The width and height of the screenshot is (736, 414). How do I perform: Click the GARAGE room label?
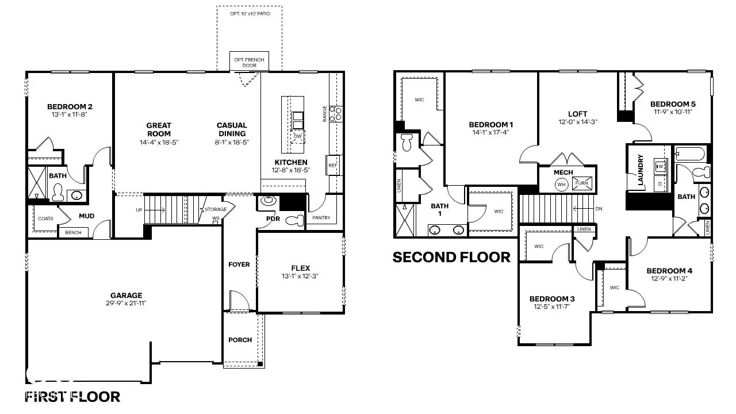point(126,296)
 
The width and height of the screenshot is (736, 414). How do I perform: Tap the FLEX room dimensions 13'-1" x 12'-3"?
point(300,277)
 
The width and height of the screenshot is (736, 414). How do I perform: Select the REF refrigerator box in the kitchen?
point(333,165)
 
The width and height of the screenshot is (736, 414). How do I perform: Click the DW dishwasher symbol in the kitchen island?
point(298,136)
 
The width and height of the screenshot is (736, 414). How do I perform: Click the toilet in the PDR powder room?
point(294,220)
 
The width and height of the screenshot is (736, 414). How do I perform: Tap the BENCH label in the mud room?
point(73,232)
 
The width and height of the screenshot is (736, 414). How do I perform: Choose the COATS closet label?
point(45,218)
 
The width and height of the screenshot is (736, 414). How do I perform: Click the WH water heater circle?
point(561,185)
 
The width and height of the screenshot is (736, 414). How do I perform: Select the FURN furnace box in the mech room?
point(582,183)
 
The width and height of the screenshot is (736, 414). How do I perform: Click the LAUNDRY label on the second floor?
point(640,170)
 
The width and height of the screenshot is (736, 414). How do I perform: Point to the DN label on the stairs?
point(599,209)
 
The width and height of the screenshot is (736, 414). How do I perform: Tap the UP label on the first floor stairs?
point(139,210)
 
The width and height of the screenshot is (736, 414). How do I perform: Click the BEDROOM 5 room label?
point(673,104)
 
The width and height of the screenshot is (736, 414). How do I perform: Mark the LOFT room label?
point(577,114)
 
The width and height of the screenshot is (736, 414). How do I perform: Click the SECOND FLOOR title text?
point(451,257)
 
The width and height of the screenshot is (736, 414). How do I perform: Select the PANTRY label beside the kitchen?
point(321,218)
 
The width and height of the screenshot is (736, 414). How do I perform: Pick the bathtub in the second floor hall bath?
point(689,154)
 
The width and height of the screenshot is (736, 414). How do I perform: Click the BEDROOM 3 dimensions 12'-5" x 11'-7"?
point(552,307)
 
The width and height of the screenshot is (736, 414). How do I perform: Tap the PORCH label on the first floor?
point(240,340)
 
